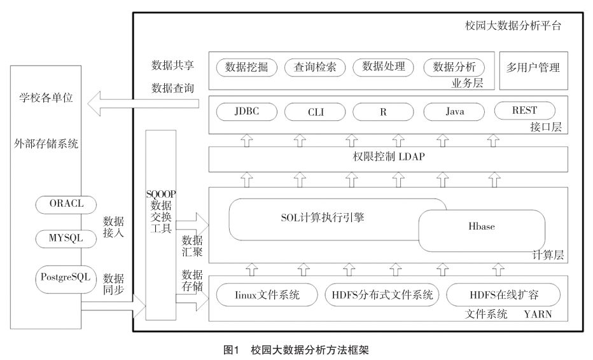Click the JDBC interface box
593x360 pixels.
point(246,112)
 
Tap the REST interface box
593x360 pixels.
point(524,111)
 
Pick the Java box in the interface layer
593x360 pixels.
point(454,112)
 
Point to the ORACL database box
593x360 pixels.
point(67,204)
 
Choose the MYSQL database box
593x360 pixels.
point(67,238)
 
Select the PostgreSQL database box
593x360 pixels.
point(65,277)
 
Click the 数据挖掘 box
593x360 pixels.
point(246,67)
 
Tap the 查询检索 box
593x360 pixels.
point(315,67)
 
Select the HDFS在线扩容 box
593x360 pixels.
point(503,295)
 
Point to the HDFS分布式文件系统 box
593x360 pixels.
point(382,295)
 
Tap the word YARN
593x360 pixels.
point(540,314)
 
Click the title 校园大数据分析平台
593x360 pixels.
point(513,27)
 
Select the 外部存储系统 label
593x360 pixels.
point(46,144)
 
